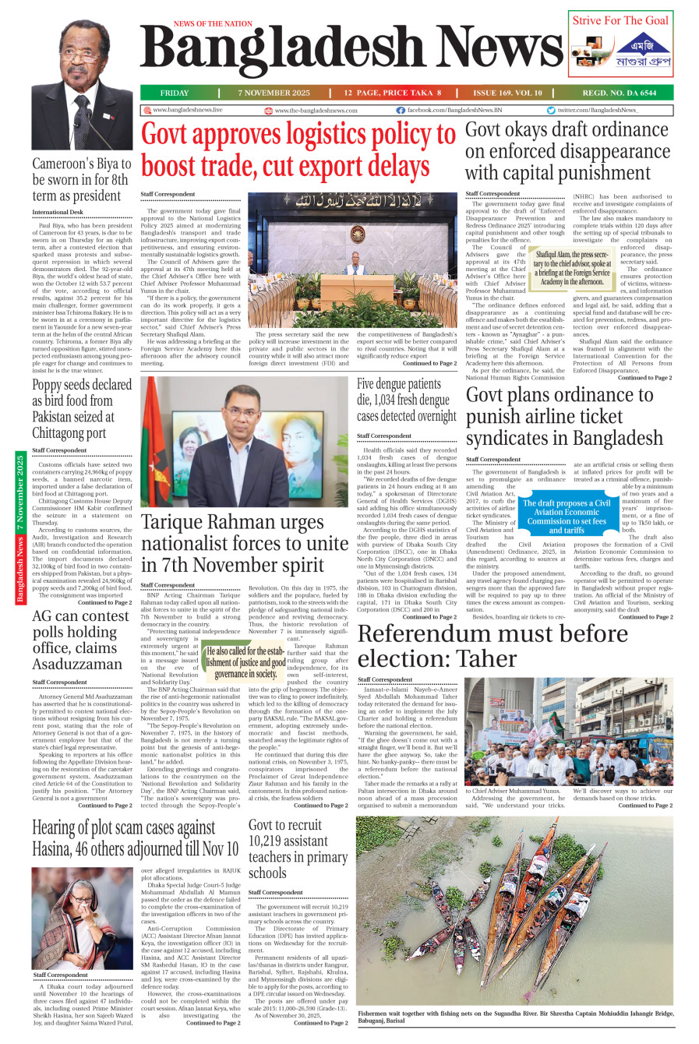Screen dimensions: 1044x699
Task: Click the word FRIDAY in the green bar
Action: coord(175,93)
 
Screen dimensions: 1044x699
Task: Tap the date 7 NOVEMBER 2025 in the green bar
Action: coord(274,93)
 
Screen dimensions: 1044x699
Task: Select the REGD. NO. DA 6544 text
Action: coord(620,93)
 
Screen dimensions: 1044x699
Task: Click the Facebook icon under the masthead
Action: coord(401,111)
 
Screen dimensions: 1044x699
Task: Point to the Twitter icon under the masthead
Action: coord(551,111)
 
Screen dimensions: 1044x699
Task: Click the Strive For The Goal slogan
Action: coord(620,20)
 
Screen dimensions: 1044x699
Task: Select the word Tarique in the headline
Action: coord(180,521)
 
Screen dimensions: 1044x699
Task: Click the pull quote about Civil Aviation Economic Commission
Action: coord(567,517)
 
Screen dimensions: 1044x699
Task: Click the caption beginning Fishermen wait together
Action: coord(514,1017)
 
